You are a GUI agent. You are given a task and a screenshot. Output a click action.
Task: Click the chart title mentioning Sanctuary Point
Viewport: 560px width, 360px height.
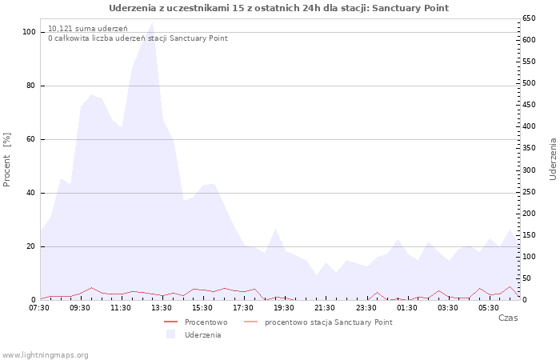tap(278, 8)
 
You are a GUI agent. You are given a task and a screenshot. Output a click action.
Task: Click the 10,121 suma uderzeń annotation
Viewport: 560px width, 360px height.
tap(88, 29)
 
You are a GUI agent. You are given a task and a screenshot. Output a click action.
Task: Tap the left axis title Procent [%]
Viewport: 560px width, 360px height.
tap(7, 160)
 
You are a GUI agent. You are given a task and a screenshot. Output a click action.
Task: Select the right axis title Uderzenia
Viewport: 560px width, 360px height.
tap(553, 158)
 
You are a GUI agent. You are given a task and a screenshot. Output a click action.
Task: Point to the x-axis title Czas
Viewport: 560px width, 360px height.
tap(507, 318)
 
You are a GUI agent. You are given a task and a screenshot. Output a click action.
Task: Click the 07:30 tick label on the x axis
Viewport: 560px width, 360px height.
tap(39, 308)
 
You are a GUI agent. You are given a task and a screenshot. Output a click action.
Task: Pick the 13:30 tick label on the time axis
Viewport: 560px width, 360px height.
tap(162, 308)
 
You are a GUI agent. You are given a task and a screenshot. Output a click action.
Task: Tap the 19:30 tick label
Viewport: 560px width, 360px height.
tap(285, 308)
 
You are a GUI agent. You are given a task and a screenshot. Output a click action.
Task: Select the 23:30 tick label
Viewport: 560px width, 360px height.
tap(366, 308)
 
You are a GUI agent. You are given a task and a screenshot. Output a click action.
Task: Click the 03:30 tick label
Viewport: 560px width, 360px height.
tap(448, 308)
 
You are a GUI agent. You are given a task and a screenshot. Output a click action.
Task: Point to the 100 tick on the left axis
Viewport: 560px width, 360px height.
tap(29, 32)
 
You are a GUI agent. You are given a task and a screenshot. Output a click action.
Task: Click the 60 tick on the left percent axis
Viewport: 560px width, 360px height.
tap(30, 139)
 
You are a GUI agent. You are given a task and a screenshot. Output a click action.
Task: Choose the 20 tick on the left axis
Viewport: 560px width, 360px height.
tap(30, 246)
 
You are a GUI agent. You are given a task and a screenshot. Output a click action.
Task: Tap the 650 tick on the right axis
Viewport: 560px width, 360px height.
tap(530, 18)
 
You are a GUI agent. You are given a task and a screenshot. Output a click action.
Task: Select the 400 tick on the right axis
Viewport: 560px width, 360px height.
tap(530, 126)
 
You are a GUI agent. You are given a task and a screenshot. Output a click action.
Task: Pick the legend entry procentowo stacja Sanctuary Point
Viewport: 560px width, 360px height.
tap(328, 322)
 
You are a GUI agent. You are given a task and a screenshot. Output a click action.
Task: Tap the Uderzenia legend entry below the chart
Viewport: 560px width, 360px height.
tap(202, 335)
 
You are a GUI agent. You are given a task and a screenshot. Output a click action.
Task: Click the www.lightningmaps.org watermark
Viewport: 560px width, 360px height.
tap(46, 354)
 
